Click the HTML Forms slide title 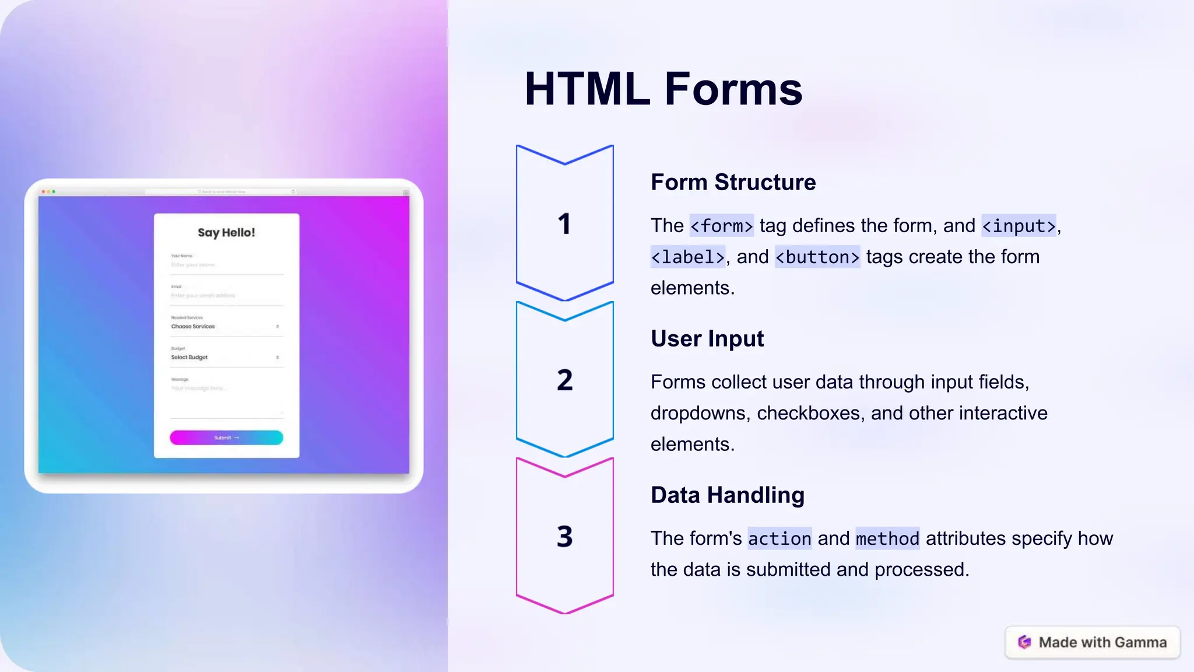click(x=663, y=89)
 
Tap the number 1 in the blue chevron click(x=564, y=224)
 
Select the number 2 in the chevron click(x=564, y=380)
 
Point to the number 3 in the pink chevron click(x=564, y=537)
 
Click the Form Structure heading click(x=733, y=182)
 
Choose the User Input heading click(x=707, y=338)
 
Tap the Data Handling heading click(x=727, y=495)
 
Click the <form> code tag click(x=721, y=226)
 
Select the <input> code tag click(x=1019, y=226)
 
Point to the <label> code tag click(x=687, y=257)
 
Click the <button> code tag click(x=817, y=257)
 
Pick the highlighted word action click(x=779, y=538)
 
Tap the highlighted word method click(x=887, y=538)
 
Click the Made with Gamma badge click(x=1092, y=642)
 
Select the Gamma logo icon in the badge click(x=1024, y=642)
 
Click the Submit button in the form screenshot click(x=226, y=437)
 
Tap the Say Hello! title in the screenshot click(x=226, y=233)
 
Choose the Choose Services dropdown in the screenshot click(x=225, y=327)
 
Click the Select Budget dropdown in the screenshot click(x=225, y=358)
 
